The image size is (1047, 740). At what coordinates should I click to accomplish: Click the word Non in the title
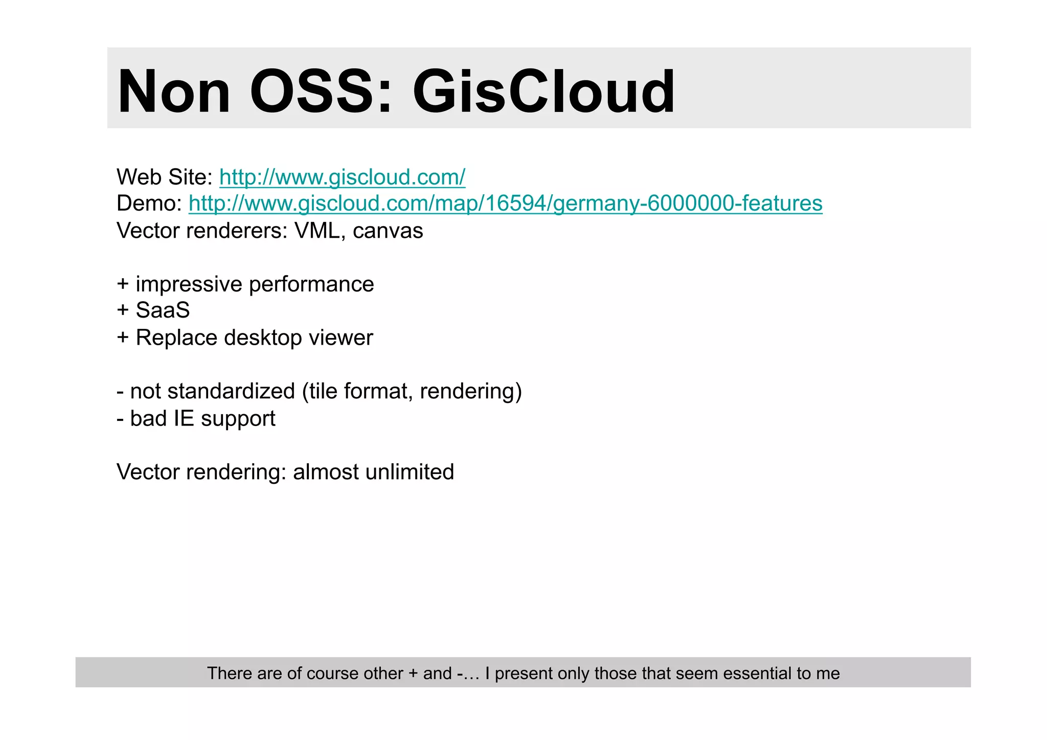tap(174, 92)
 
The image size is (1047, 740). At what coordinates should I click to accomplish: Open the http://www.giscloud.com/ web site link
tap(342, 177)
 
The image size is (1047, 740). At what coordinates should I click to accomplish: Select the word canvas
tap(388, 231)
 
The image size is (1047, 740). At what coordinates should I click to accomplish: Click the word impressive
tap(189, 284)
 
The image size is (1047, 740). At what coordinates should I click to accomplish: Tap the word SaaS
tap(163, 310)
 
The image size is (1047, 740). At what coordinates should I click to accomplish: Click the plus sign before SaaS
tap(123, 310)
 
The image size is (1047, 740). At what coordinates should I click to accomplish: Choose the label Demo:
tap(149, 204)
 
